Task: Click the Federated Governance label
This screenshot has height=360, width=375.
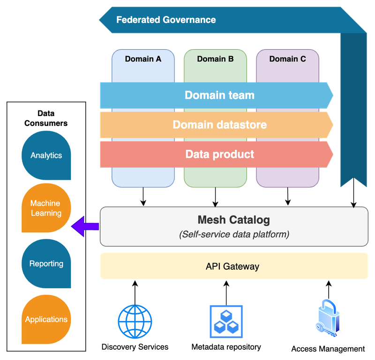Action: coord(166,20)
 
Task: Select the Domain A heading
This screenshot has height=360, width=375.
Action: coord(143,59)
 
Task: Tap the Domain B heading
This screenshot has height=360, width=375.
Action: coord(215,59)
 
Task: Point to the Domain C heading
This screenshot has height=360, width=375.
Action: coord(287,59)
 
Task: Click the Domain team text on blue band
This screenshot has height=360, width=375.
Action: coord(219,95)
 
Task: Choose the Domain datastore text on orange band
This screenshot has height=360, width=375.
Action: coord(219,125)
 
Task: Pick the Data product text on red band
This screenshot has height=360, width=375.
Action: coord(219,154)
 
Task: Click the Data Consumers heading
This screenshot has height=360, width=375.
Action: coord(46,118)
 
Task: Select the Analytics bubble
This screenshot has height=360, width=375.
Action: coord(46,155)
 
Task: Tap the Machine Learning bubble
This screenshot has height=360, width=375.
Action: coord(46,208)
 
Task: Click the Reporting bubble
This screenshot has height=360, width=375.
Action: coord(46,264)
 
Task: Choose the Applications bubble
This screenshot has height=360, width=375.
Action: coord(46,319)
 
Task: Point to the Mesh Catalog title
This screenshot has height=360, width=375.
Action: coord(233,220)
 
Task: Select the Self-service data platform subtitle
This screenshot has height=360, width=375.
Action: coord(233,234)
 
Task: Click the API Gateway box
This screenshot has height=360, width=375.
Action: coord(233,266)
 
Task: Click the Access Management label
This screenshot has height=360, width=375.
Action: coord(328,349)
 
